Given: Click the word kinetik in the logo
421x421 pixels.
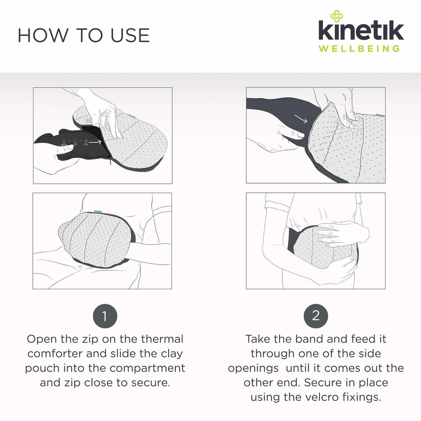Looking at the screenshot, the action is click(361, 30).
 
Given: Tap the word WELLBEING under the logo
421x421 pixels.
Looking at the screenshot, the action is click(359, 48).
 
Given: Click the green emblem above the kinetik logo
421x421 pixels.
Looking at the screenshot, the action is click(337, 16).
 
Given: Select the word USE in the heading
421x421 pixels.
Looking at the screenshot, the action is click(130, 35).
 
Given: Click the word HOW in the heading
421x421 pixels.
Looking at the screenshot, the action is click(43, 35).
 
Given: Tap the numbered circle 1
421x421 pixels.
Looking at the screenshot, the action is click(105, 316).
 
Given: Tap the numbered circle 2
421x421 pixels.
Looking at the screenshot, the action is click(316, 316).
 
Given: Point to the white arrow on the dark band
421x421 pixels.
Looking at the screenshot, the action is click(301, 119).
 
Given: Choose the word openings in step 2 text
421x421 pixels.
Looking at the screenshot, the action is click(253, 368).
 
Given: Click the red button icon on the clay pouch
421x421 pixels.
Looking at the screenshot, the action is click(64, 141).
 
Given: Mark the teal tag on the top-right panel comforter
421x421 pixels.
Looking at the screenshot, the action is click(380, 115).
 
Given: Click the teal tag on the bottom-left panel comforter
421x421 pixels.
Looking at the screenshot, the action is click(98, 212).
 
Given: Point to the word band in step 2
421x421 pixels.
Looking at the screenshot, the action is click(309, 339).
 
